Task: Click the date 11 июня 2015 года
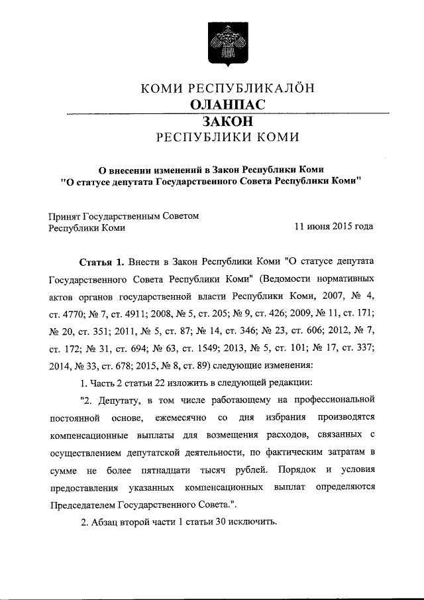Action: (334, 227)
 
